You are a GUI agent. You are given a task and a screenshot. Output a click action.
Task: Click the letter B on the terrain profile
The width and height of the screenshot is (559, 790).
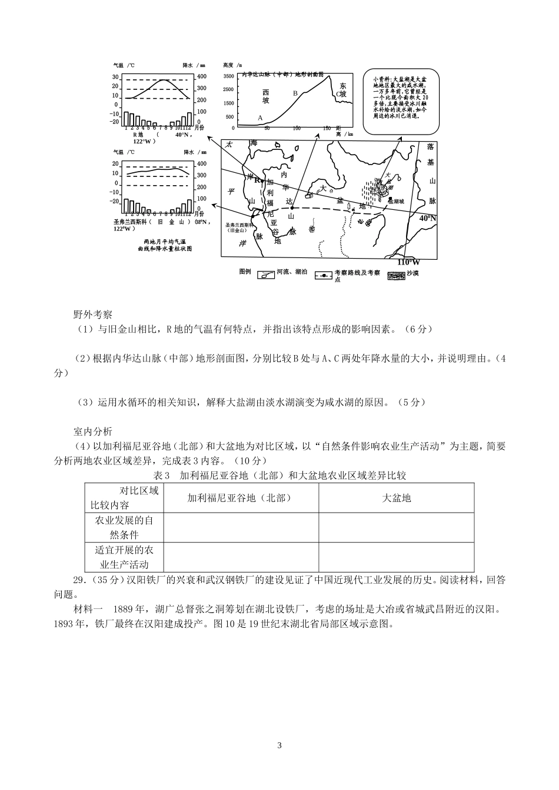point(295,93)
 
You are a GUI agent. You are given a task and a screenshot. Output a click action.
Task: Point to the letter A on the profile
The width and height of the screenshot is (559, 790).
point(260,118)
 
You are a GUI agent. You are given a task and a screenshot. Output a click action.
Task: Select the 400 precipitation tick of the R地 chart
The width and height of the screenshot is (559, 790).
point(201,77)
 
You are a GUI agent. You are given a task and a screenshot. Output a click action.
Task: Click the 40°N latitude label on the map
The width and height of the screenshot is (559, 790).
point(428,218)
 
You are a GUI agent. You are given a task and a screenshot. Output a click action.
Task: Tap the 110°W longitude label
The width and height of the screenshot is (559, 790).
point(408,262)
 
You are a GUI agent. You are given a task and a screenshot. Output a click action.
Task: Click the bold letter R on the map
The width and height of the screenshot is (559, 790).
point(257,180)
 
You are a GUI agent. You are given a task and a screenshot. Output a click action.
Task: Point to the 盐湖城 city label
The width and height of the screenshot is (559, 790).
point(396,200)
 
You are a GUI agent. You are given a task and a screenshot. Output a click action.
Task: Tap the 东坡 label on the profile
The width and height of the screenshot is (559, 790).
point(343,89)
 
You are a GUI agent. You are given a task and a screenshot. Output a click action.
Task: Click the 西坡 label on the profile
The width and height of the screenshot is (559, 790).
point(265,96)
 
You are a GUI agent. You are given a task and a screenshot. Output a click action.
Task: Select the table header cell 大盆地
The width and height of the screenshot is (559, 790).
point(396,498)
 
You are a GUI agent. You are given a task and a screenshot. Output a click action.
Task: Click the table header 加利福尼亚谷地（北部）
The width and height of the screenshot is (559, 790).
point(241,498)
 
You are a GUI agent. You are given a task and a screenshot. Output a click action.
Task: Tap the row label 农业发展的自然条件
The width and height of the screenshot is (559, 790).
point(124,527)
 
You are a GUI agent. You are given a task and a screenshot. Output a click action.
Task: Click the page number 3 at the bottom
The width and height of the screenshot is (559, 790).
point(279,745)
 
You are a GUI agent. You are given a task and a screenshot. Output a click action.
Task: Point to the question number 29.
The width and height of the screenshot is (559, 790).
point(79,580)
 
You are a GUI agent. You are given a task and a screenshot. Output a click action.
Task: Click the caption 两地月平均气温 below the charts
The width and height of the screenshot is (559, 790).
point(164,242)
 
